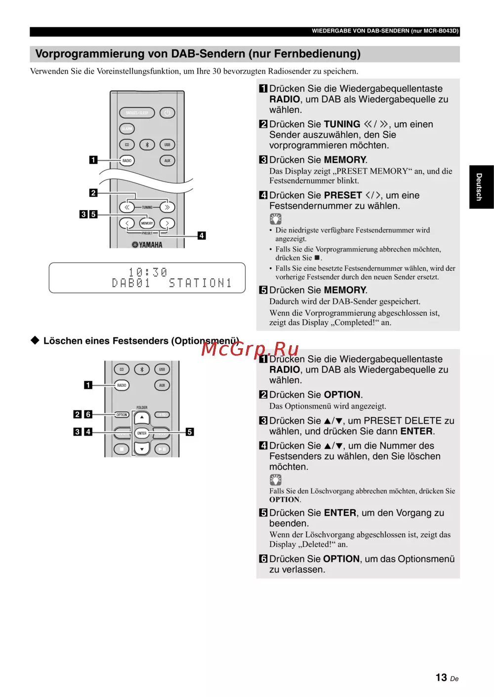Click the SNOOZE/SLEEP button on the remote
click(x=137, y=112)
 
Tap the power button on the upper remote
click(x=167, y=112)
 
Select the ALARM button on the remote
click(x=127, y=129)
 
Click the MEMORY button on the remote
click(x=147, y=223)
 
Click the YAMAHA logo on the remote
click(x=147, y=245)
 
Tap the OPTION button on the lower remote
click(x=122, y=415)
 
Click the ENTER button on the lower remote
click(x=142, y=433)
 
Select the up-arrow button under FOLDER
click(x=142, y=418)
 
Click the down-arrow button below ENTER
click(x=142, y=448)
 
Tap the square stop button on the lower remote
click(x=122, y=449)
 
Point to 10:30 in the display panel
click(x=148, y=272)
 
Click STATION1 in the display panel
click(x=200, y=283)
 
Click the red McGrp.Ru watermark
click(x=250, y=349)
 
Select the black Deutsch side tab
click(x=482, y=187)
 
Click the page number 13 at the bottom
click(x=441, y=677)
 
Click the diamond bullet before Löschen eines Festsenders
click(x=35, y=340)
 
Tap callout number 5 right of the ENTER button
click(x=190, y=432)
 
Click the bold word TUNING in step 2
click(x=342, y=124)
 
